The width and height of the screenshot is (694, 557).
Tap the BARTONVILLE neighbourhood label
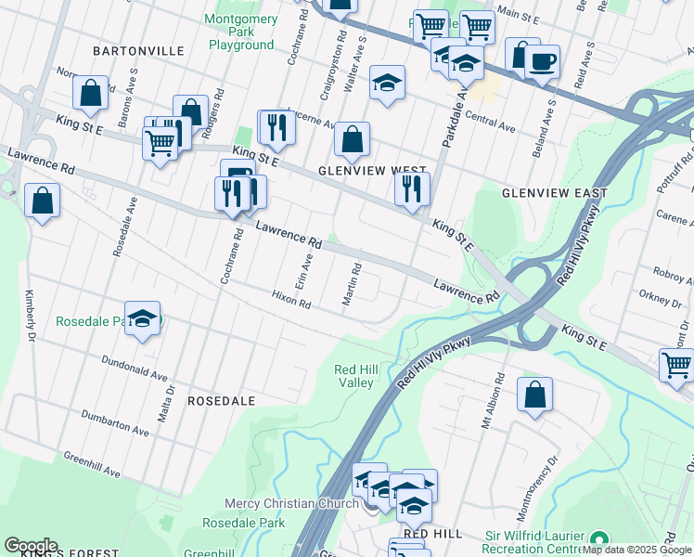(x=130, y=51)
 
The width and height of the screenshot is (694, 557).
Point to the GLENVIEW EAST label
(x=554, y=193)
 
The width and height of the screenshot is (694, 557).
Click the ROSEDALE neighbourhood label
(x=221, y=401)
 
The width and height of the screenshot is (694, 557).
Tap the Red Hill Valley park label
(x=355, y=376)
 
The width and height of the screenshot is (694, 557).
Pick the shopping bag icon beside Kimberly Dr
(x=42, y=201)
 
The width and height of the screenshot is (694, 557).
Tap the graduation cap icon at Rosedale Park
(x=142, y=317)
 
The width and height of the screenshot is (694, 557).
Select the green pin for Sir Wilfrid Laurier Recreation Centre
(x=599, y=539)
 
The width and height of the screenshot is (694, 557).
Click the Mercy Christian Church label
(x=291, y=504)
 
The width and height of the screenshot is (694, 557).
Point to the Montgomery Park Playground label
(x=240, y=32)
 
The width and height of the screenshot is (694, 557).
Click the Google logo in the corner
(x=31, y=546)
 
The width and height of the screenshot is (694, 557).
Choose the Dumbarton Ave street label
(x=115, y=423)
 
